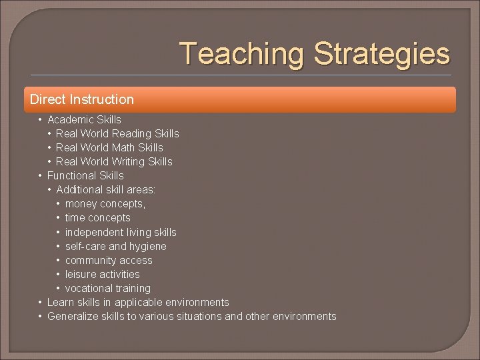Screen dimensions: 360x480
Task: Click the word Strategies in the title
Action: [x=381, y=54]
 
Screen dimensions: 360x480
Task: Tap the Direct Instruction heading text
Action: [x=82, y=99]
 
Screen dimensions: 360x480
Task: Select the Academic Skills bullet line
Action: [x=84, y=120]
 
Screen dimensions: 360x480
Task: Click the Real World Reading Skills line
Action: [x=117, y=134]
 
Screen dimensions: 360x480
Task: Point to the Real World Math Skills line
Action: [x=109, y=148]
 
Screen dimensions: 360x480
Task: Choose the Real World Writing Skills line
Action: [x=114, y=162]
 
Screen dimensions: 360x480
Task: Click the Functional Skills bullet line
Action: [x=85, y=176]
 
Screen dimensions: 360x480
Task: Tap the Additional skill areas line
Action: [x=106, y=190]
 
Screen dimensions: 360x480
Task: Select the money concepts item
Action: [x=105, y=204]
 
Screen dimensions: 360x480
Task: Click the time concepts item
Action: [x=98, y=218]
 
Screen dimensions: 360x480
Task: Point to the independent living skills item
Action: [x=121, y=233]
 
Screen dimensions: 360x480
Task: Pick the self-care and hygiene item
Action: [x=116, y=247]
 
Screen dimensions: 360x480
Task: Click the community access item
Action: [x=109, y=261]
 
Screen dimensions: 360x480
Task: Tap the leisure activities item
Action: [x=103, y=275]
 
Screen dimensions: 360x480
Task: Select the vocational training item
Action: [x=108, y=289]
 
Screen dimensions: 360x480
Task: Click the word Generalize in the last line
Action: [x=73, y=317]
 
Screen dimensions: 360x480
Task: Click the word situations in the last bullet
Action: [x=199, y=317]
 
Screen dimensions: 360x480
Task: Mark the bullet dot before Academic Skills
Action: [x=41, y=120]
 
